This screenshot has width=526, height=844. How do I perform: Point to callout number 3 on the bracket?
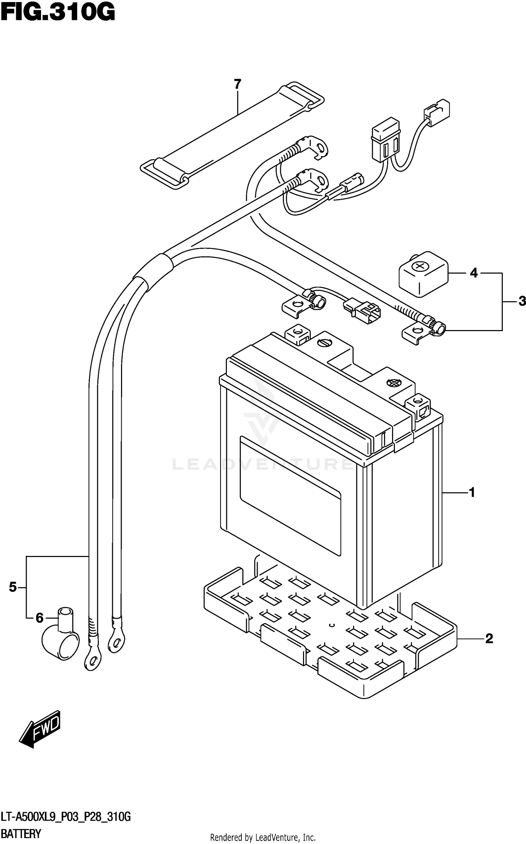pos(522,301)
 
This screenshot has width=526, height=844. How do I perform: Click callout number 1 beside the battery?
pos(472,493)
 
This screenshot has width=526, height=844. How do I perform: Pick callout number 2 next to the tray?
pos(489,638)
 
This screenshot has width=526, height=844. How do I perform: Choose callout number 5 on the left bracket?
pos(13,587)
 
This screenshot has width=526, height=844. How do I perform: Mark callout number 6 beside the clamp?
pos(40,618)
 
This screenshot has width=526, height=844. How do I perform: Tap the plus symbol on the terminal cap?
pos(419,267)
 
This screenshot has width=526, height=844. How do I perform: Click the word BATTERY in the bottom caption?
pos(21,833)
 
